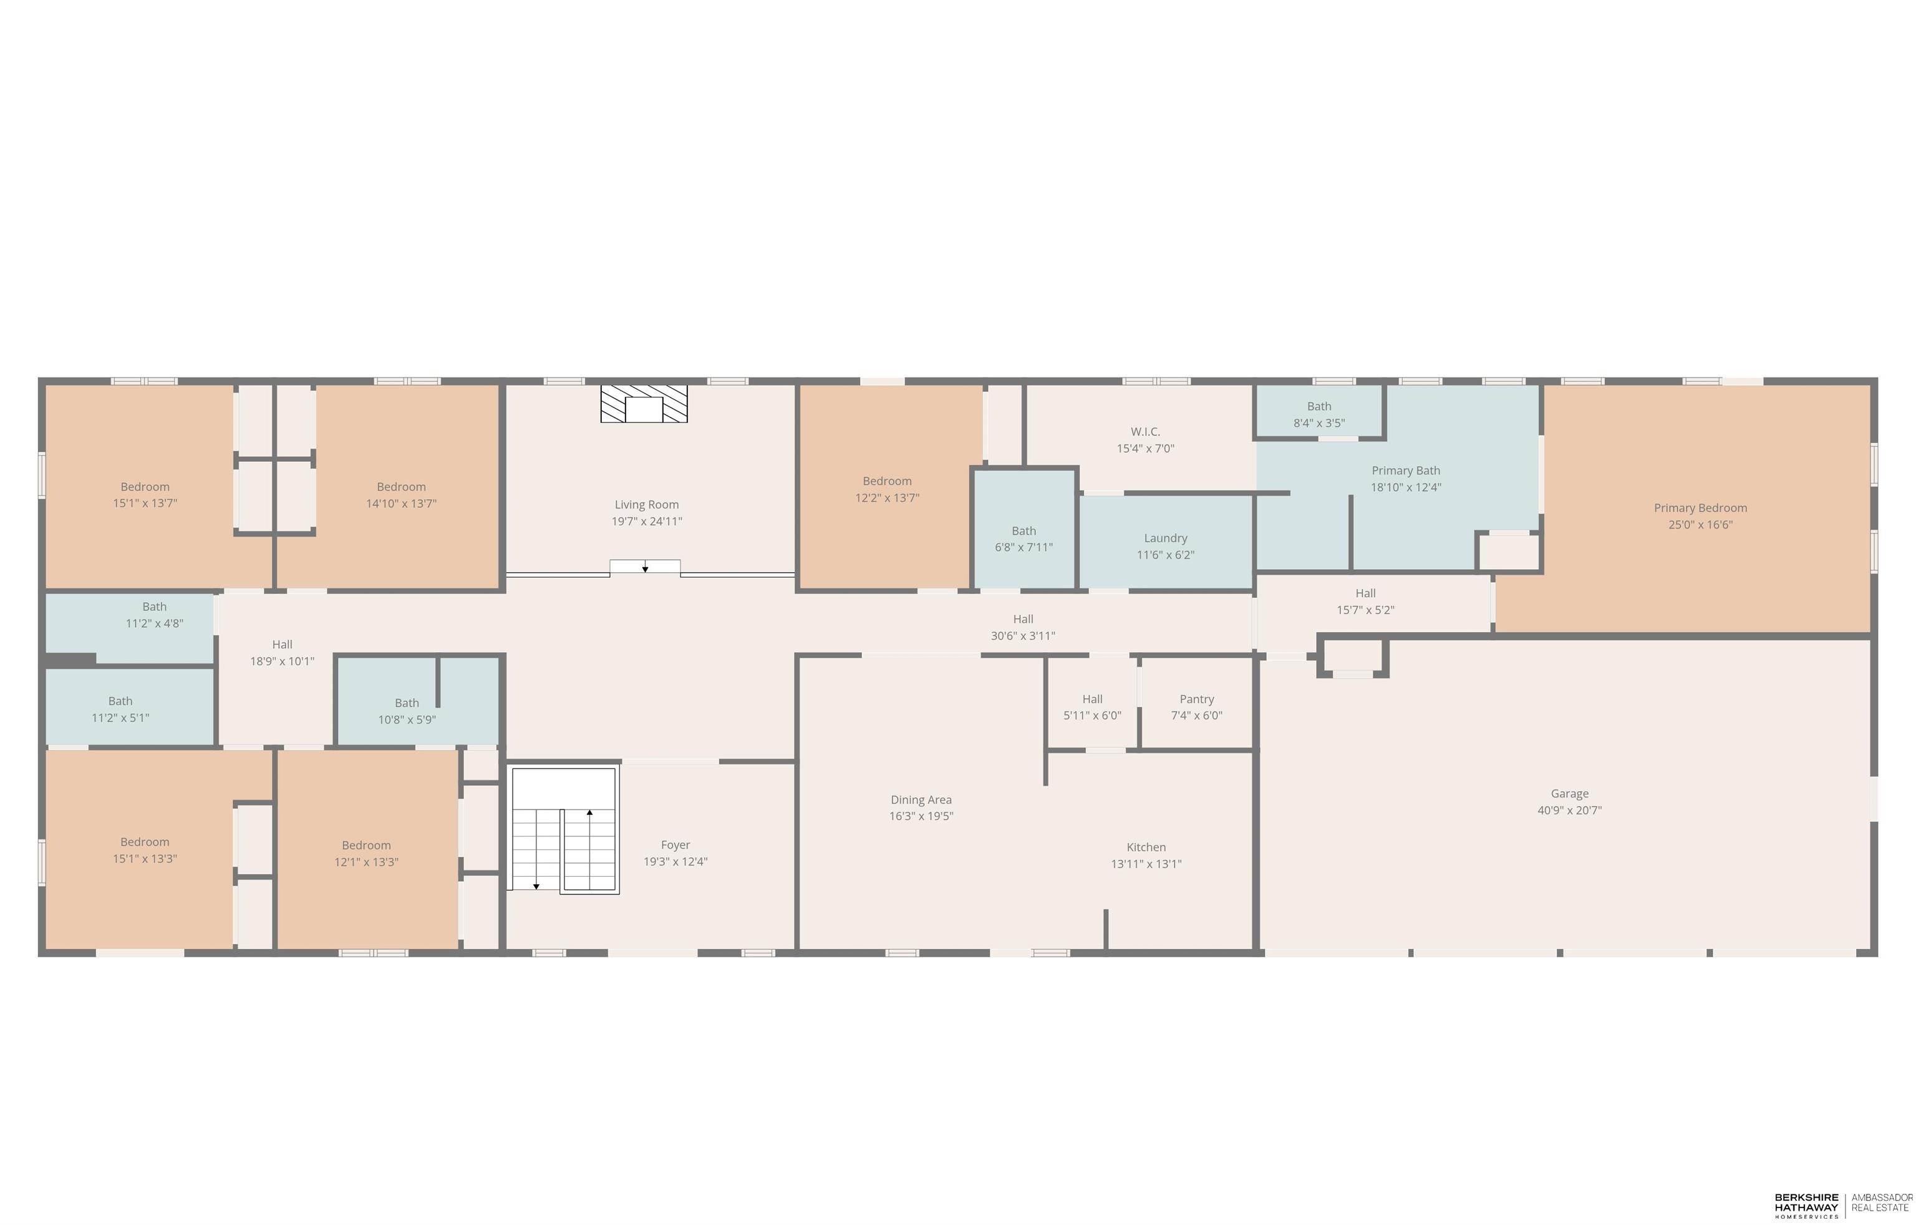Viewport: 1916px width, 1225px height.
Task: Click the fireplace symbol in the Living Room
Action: coord(644,404)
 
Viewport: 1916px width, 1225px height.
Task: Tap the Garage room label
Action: coord(1569,794)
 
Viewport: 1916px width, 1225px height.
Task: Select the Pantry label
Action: coord(1196,699)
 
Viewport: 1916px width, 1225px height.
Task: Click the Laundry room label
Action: coord(1165,538)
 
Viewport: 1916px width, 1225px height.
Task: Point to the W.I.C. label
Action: coord(1145,431)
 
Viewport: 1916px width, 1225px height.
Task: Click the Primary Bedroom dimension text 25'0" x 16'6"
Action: coord(1700,525)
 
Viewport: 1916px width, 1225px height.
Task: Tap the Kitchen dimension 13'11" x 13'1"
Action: coord(1146,864)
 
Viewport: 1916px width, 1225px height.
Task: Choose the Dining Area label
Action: coord(921,799)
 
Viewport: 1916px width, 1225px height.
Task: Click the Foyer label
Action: coord(675,844)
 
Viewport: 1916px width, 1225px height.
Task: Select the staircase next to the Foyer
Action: coord(563,830)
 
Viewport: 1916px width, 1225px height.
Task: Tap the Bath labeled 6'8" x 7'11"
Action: coord(1023,539)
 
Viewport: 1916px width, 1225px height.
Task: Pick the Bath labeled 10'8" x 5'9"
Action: coord(407,711)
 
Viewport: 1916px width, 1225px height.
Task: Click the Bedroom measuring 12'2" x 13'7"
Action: coord(887,489)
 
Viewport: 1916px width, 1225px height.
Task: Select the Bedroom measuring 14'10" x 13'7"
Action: coord(401,495)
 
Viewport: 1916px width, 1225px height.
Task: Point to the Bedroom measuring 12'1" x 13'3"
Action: coord(366,853)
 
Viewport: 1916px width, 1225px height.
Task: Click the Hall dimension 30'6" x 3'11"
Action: coord(1022,636)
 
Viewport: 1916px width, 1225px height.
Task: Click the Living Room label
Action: coord(646,504)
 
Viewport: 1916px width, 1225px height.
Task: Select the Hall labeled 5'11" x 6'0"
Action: coord(1091,707)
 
